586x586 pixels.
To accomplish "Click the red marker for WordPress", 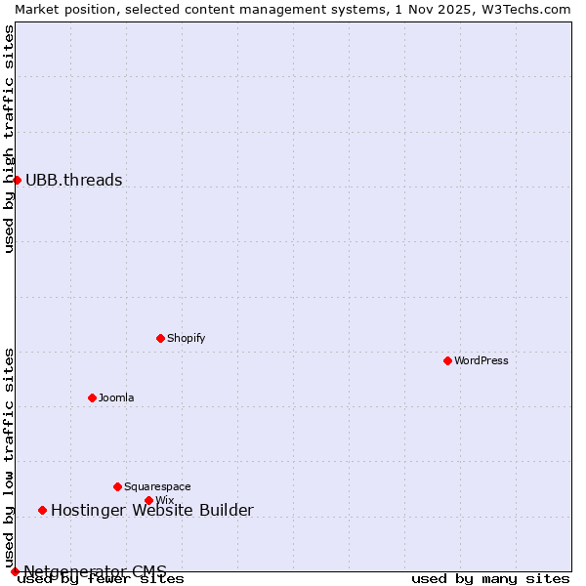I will point(447,360).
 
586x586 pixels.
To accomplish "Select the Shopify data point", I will point(161,338).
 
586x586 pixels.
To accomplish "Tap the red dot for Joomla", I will point(92,398).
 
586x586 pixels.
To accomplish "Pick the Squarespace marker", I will point(117,486).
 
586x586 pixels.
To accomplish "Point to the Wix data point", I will point(148,500).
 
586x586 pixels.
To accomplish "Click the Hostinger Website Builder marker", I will point(42,510).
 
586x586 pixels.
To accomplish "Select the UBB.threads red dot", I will point(17,180).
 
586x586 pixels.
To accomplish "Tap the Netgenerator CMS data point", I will point(15,571).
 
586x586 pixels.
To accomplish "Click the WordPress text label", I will point(481,360).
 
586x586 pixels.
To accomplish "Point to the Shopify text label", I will point(186,338).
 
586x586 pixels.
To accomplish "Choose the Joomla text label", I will point(116,398).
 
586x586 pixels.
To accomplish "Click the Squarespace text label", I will point(157,486).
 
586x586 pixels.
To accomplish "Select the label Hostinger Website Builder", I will point(151,510).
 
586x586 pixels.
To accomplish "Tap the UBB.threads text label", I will point(74,180).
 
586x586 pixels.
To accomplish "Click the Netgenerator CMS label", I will point(95,571).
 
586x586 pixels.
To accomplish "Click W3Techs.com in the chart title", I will point(532,9).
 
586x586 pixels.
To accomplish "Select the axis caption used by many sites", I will point(490,579).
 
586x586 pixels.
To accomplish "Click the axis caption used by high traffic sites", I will point(9,139).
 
